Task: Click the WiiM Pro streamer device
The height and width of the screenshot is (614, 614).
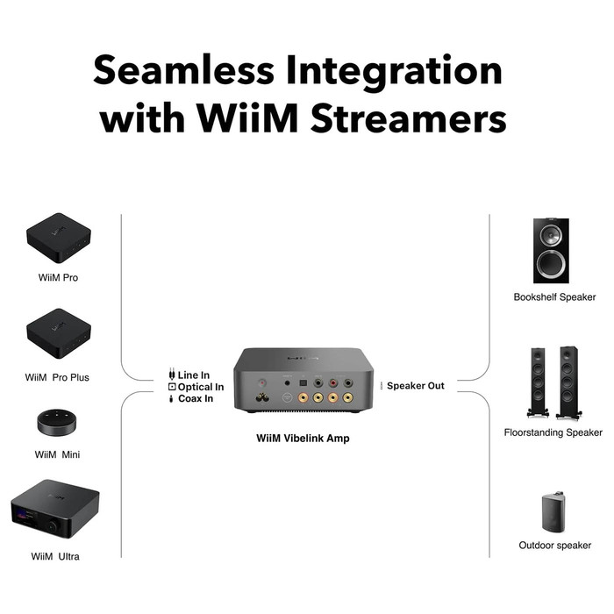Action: (x=59, y=238)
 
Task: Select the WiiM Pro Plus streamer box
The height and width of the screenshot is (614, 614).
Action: (x=59, y=333)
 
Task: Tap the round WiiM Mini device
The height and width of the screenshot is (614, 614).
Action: (x=59, y=421)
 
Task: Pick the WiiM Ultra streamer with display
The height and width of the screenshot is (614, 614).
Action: (x=54, y=510)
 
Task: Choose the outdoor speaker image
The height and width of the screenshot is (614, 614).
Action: (x=554, y=511)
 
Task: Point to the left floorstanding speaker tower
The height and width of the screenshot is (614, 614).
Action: (x=538, y=382)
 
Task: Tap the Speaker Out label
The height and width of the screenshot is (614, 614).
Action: (x=416, y=386)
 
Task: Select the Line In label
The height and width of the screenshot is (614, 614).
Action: (x=194, y=375)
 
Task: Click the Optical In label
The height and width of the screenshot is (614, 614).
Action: (x=201, y=387)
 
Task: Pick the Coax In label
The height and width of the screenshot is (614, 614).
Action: (x=196, y=399)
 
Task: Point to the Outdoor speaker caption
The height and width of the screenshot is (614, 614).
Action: (x=554, y=546)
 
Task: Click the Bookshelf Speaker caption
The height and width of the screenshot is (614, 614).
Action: (x=554, y=297)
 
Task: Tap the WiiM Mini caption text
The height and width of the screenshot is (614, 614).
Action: (x=58, y=454)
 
